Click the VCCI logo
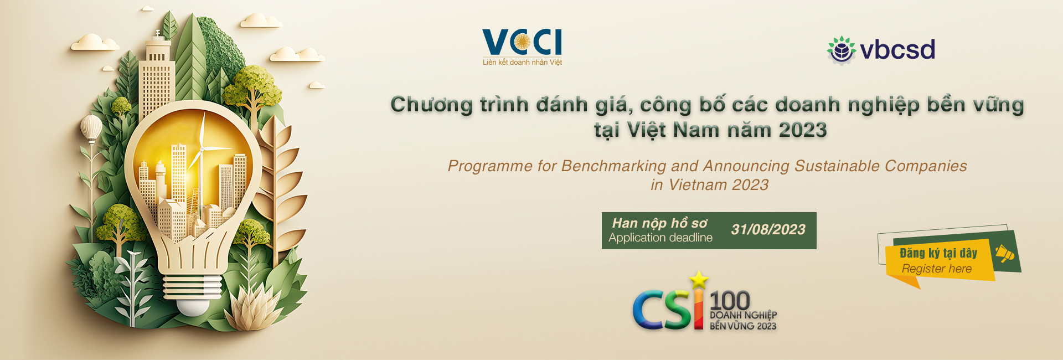[522, 47]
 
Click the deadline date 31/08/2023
[768, 229]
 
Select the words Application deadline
[660, 238]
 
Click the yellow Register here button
[937, 261]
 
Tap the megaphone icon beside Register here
[1005, 254]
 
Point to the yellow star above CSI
[699, 279]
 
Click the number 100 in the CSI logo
[730, 301]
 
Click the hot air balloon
[91, 129]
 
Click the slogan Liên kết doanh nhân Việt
[522, 63]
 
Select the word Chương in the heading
[431, 105]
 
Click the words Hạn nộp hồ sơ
[659, 223]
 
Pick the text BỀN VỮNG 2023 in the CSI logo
[743, 326]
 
